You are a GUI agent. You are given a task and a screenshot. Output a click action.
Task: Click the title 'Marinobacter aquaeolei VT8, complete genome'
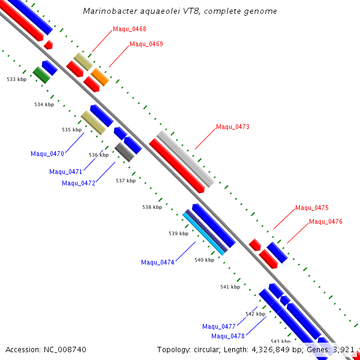pos(180,11)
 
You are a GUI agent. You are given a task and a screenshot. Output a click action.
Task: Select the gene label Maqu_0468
pos(130,29)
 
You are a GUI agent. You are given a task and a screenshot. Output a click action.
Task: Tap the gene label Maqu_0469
pos(146,44)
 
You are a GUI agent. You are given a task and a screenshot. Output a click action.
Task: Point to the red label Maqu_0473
pos(233,127)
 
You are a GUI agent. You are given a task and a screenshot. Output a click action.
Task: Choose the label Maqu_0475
pos(312,208)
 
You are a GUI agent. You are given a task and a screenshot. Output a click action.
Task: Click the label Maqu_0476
pos(326,221)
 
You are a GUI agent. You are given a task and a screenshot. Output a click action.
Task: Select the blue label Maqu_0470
pos(47,154)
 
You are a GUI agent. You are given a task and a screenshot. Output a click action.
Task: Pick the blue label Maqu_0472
pos(79,183)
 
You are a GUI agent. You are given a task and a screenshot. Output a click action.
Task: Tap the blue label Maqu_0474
pos(158,262)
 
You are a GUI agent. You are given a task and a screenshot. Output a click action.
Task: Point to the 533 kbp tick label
pos(17,79)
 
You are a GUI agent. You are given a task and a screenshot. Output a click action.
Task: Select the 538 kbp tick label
pos(152,207)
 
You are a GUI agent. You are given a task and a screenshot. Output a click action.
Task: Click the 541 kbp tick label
pos(230,287)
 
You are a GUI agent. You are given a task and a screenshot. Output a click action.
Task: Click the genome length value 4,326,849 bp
pos(275,349)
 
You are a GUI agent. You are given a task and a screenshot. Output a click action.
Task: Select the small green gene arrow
pos(41,75)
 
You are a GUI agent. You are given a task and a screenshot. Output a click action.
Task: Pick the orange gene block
pos(100,77)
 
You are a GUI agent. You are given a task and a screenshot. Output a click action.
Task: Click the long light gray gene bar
pos(185,158)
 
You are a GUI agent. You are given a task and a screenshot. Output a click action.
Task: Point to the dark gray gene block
pos(124,152)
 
